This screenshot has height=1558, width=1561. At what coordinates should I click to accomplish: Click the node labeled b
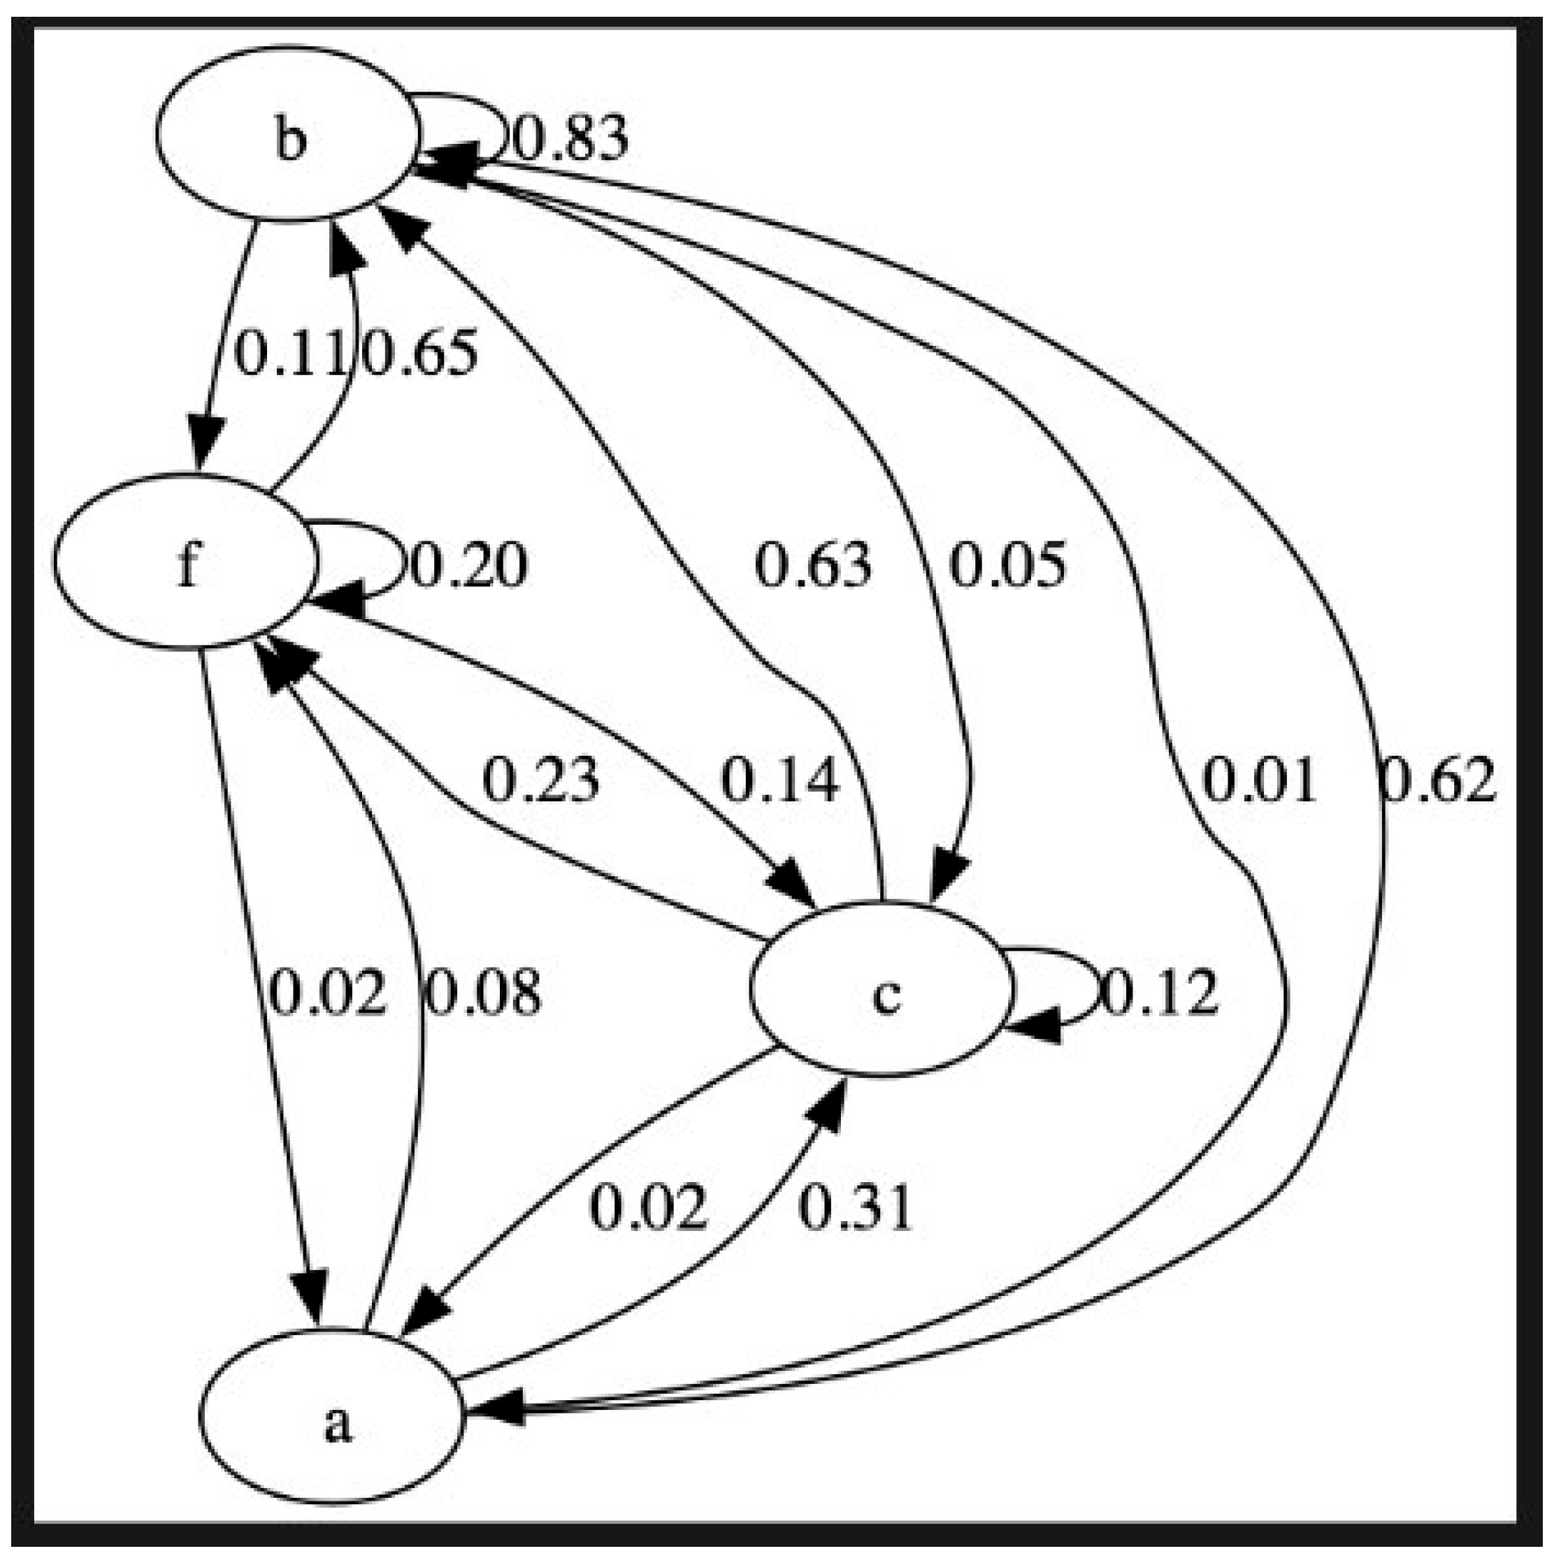coord(289,134)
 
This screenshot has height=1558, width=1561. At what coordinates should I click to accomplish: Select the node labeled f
coord(185,563)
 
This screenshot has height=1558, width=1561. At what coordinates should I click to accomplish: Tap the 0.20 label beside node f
coord(468,565)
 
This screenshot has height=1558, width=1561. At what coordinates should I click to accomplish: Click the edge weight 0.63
coord(813,565)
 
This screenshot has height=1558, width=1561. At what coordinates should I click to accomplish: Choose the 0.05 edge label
coord(1007,565)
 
